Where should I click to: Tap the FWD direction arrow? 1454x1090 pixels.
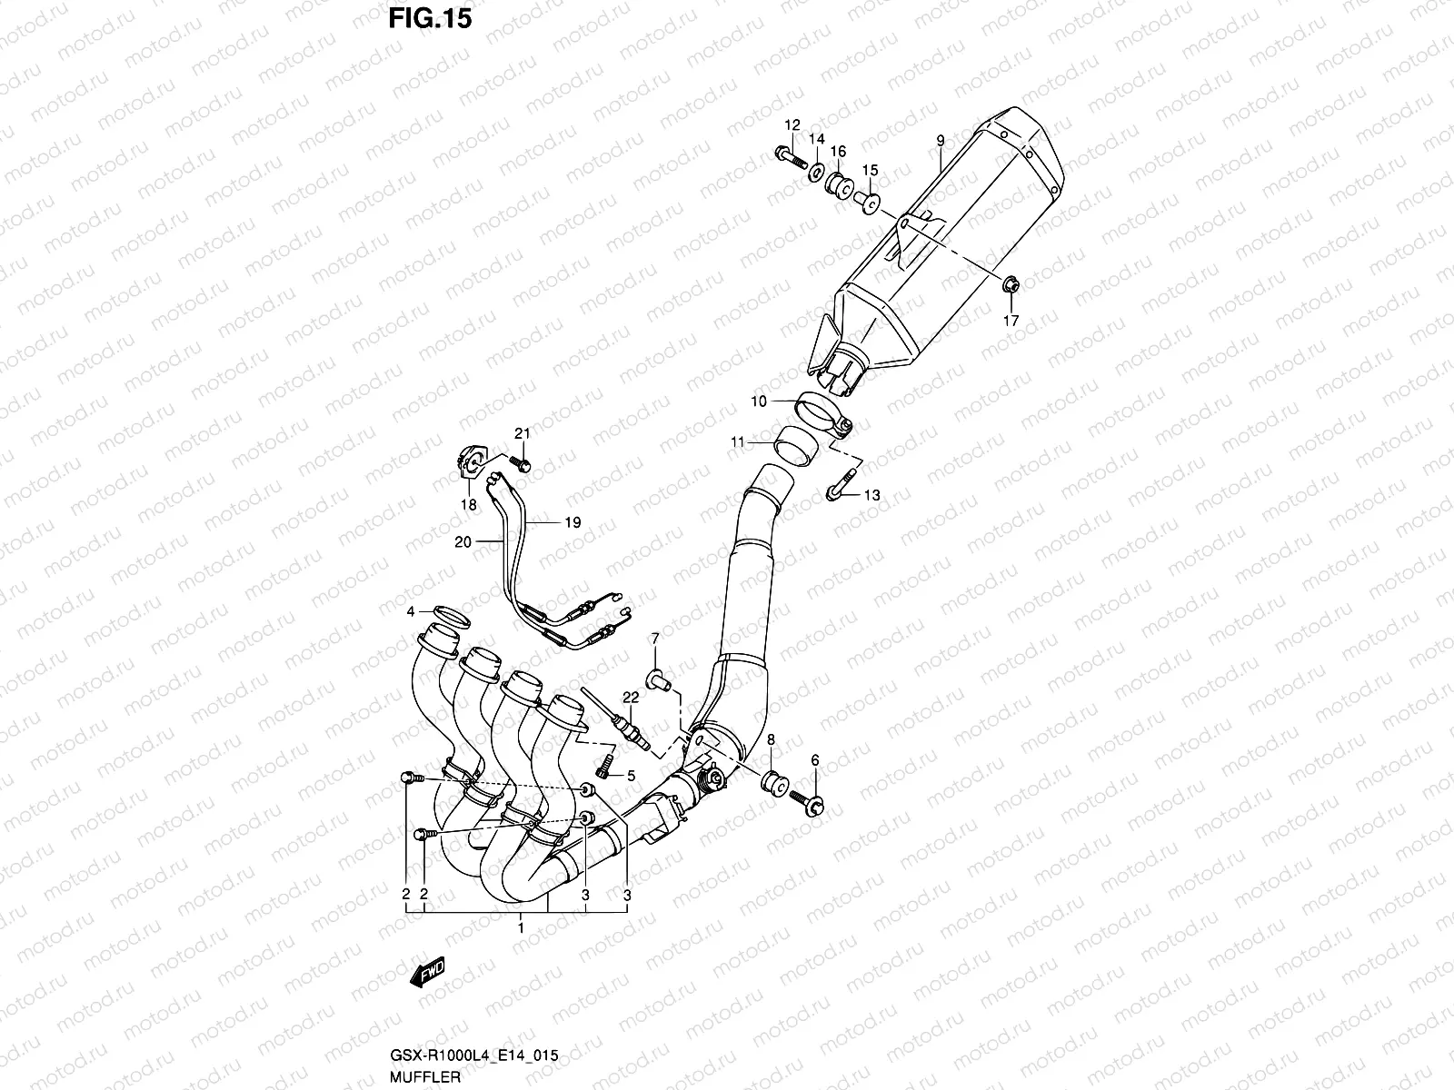(427, 974)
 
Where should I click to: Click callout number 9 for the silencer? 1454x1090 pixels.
(941, 140)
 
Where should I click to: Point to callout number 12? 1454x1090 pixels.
(792, 124)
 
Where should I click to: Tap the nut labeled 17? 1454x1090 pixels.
(1010, 286)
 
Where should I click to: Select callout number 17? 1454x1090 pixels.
(1011, 321)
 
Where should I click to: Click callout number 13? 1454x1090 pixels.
(871, 495)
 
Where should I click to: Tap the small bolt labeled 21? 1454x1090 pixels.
(522, 465)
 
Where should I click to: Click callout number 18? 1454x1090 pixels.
(469, 505)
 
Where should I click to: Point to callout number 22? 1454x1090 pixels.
(630, 698)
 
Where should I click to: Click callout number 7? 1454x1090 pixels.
(653, 641)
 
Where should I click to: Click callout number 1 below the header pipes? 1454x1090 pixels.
(521, 927)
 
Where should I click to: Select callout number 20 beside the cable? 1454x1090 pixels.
(463, 541)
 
